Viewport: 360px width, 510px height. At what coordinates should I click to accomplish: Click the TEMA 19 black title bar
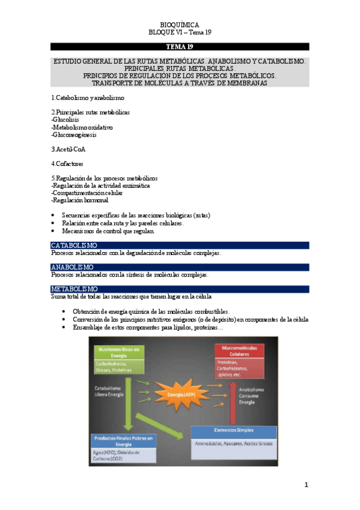pyautogui.click(x=180, y=46)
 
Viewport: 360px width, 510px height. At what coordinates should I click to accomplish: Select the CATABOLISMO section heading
pyautogui.click(x=75, y=245)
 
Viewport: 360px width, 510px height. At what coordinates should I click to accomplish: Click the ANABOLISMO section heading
pyautogui.click(x=72, y=267)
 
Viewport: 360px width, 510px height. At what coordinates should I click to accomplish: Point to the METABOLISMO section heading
pyautogui.click(x=74, y=289)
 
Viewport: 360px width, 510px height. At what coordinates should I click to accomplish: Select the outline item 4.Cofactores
pyautogui.click(x=67, y=163)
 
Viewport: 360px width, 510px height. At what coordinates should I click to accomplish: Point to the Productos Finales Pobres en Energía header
pyautogui.click(x=122, y=441)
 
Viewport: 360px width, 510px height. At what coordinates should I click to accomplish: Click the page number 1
pyautogui.click(x=306, y=485)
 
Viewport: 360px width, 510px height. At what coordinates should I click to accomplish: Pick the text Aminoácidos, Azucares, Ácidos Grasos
pyautogui.click(x=233, y=443)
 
